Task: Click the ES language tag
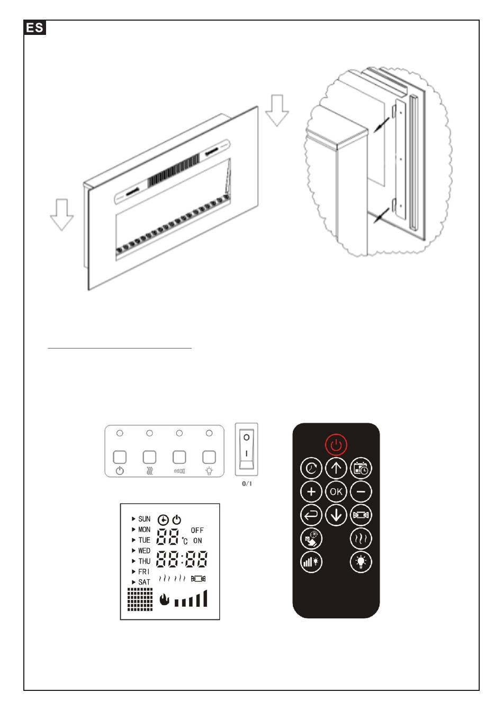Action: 35,28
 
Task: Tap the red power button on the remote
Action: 336,445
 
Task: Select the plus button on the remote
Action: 311,491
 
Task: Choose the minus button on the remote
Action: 361,491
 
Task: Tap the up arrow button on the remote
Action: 336,468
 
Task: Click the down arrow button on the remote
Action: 336,515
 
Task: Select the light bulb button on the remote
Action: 361,562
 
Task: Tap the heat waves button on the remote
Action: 361,539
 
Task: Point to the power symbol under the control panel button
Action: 120,471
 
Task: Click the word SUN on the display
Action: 144,519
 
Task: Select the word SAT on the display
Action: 144,582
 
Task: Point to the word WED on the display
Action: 144,551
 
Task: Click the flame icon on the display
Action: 164,599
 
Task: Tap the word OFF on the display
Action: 197,530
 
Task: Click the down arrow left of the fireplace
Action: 62,214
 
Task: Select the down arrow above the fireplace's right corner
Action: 277,110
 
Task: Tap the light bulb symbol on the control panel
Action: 209,471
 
